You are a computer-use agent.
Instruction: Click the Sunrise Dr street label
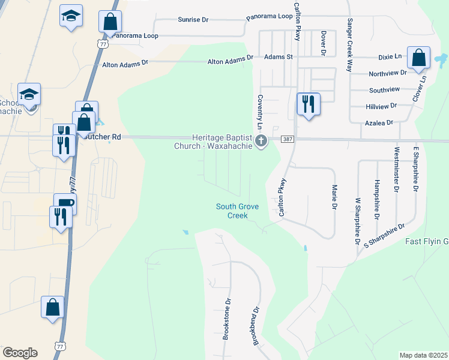click(x=193, y=20)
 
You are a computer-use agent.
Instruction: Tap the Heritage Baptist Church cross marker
click(x=261, y=142)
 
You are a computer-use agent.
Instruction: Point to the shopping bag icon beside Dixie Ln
click(x=419, y=58)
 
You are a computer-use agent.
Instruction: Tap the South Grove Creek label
click(x=238, y=211)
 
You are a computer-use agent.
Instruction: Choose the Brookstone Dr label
click(x=227, y=319)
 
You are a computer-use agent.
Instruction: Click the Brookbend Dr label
click(x=256, y=326)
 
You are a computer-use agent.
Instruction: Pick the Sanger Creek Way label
click(x=349, y=45)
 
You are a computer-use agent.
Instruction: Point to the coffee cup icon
click(x=65, y=203)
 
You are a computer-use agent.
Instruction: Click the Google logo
click(x=20, y=353)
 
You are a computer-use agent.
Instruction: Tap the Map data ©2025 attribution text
click(x=423, y=355)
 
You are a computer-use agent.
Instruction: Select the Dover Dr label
click(x=323, y=44)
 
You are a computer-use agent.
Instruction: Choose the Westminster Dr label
click(x=396, y=169)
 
